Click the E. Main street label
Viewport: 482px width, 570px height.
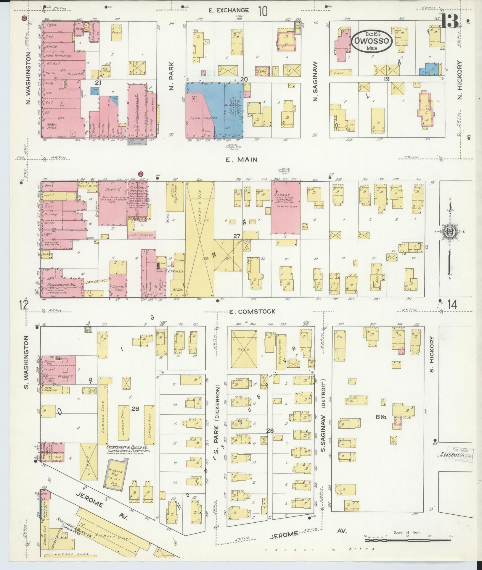pyautogui.click(x=241, y=160)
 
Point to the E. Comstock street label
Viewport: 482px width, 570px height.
pyautogui.click(x=253, y=311)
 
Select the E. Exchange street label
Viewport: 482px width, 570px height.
pyautogui.click(x=229, y=11)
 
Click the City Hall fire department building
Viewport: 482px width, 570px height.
pyautogui.click(x=138, y=201)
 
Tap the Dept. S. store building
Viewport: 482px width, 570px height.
pyautogui.click(x=113, y=207)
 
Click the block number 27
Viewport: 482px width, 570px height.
pyautogui.click(x=236, y=236)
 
